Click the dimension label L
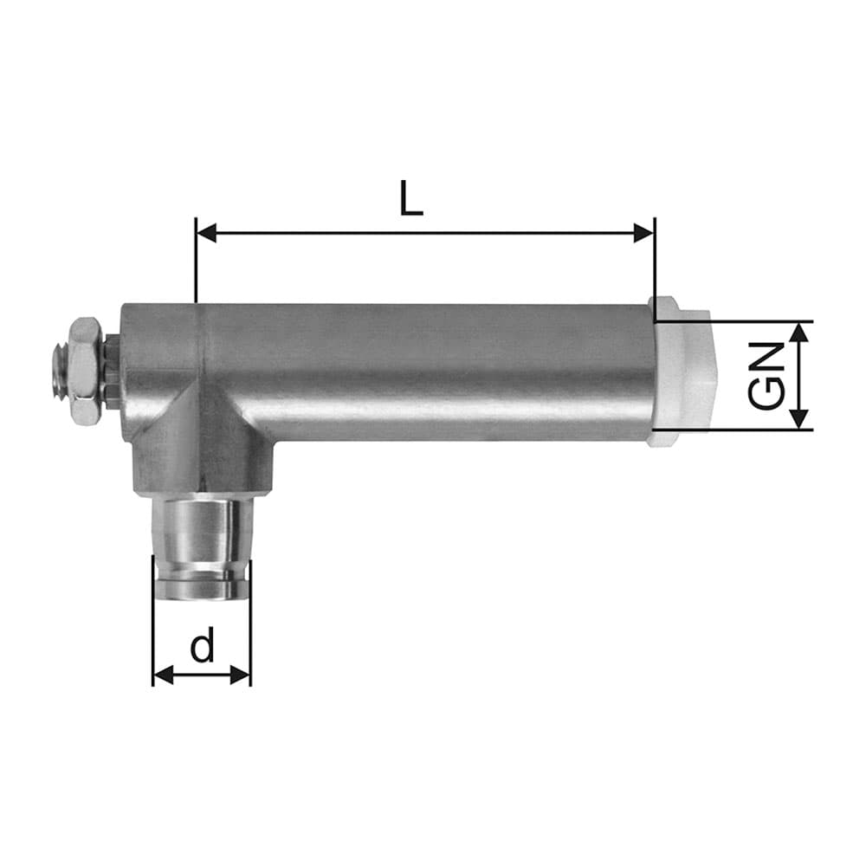(x=410, y=197)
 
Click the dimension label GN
(x=766, y=376)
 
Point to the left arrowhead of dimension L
(x=207, y=233)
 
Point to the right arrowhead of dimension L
(x=644, y=233)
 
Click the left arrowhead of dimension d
(x=163, y=675)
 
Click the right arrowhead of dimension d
(x=240, y=675)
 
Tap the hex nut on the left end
(x=85, y=371)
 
